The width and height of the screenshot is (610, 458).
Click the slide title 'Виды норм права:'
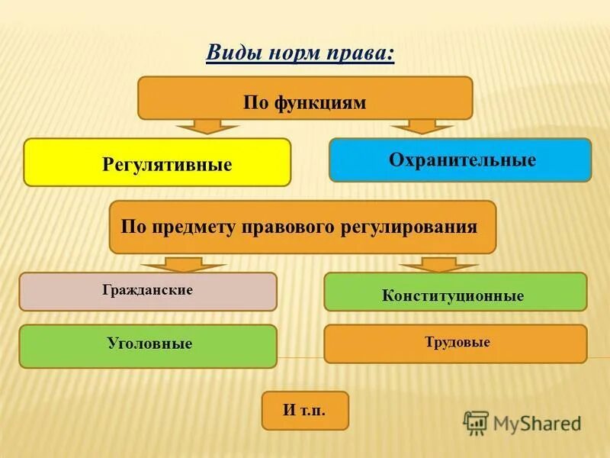pos(300,53)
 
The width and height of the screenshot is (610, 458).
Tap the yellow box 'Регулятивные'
pos(157,163)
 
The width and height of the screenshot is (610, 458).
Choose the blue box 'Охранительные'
pos(460,160)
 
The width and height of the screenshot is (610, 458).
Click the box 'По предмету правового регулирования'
pos(303,227)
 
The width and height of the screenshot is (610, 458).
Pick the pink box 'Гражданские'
pos(148,292)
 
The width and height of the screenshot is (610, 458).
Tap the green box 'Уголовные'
pos(148,346)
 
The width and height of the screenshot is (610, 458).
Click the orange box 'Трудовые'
pos(455,343)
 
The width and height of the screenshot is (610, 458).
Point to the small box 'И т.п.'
pos(304,411)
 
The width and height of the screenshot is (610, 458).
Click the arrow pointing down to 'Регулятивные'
pos(197,127)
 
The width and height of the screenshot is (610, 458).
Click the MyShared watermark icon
pos(476,422)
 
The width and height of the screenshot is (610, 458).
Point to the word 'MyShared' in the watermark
pos(537,423)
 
